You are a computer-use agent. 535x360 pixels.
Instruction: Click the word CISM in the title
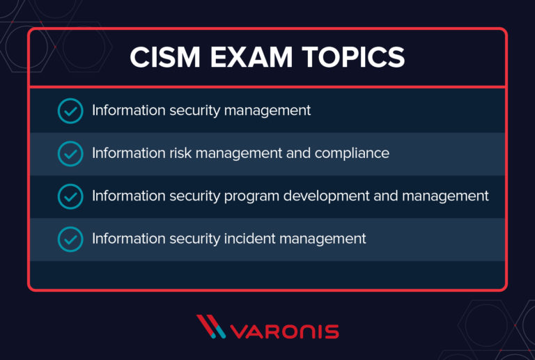pos(164,58)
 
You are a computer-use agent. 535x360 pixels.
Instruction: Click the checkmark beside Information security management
pos(70,111)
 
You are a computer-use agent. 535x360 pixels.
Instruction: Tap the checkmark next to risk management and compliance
pos(70,153)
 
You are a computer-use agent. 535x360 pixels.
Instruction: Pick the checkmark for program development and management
pos(70,196)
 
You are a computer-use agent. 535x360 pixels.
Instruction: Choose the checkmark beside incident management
pos(70,239)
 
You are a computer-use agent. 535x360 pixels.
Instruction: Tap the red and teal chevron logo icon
pos(211,327)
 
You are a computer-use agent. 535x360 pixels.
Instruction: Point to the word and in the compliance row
pos(298,153)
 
